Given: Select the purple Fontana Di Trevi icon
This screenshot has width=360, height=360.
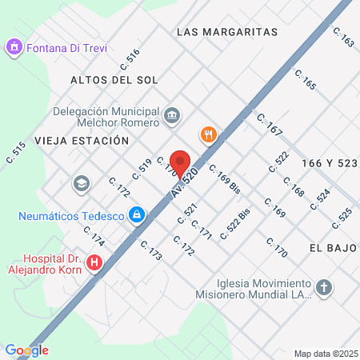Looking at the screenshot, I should click(x=14, y=48).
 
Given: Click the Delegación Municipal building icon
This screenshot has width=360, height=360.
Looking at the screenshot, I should click(x=171, y=117).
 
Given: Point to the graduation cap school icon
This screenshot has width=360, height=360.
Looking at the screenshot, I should click(x=81, y=184).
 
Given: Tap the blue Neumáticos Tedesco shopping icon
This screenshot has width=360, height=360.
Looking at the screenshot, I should click(x=137, y=215).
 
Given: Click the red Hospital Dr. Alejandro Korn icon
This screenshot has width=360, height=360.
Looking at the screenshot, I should click(x=95, y=262).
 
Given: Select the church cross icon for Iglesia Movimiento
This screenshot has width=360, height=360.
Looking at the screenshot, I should click(x=324, y=288).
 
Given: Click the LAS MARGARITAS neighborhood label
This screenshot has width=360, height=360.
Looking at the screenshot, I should click(x=226, y=32).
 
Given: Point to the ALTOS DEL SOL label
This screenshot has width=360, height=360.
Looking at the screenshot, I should click(x=114, y=80).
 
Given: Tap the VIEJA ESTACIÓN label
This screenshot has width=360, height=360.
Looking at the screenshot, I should click(x=82, y=140).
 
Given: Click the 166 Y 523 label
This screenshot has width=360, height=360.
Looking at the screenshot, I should click(x=329, y=162).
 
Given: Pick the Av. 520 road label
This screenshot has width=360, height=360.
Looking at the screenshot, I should click(x=184, y=185).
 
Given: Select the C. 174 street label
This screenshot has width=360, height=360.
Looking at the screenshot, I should click(x=94, y=237).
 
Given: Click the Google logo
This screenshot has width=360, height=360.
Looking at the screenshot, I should click(x=26, y=350).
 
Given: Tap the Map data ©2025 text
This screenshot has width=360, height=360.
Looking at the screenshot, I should click(x=325, y=353).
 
